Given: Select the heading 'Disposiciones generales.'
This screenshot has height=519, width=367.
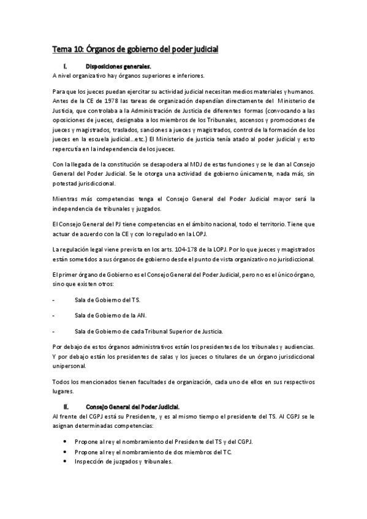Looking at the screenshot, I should click(116, 67).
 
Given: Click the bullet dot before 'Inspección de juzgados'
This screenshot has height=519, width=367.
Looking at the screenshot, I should click(66, 462).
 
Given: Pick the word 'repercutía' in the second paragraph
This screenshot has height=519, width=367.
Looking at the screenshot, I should click(65, 149).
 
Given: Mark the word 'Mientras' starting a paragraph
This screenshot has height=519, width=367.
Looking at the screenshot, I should click(65, 199).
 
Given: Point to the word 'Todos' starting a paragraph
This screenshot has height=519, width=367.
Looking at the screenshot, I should click(61, 382).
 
